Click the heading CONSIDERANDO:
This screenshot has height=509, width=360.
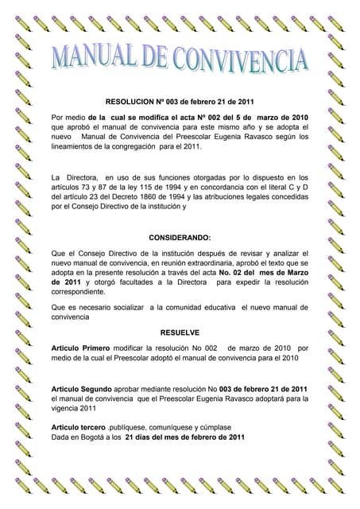click(x=180, y=237)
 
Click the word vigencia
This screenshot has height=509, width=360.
click(x=68, y=408)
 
